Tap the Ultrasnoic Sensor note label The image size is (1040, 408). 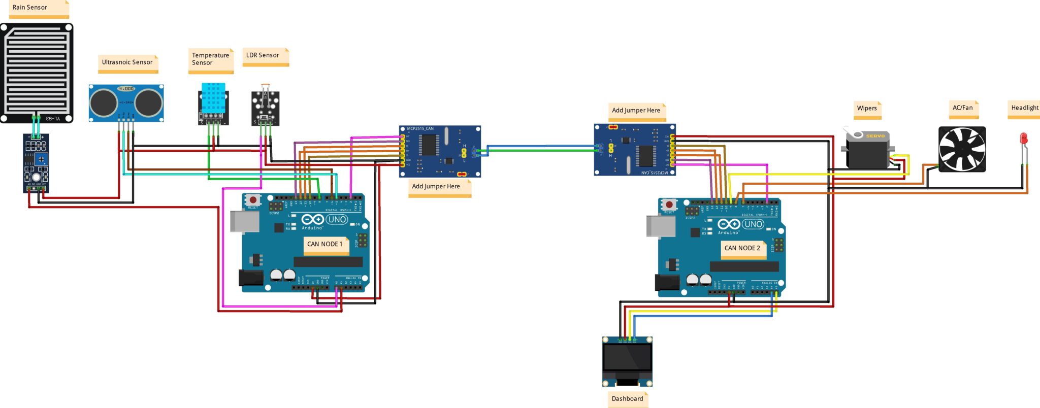[127, 62]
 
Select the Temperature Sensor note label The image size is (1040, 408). [210, 59]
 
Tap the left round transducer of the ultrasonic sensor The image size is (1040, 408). [104, 103]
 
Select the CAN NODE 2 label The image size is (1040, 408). [743, 248]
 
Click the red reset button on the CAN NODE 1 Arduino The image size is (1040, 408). [252, 200]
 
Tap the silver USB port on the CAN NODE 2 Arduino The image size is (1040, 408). [660, 226]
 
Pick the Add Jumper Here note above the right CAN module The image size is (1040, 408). [636, 110]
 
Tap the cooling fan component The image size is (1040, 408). [961, 149]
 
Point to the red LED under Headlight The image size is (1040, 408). [1023, 139]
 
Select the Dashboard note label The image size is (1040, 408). [627, 398]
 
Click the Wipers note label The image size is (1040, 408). [867, 108]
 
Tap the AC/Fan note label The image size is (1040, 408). [963, 108]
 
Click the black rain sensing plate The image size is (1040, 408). [36, 71]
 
